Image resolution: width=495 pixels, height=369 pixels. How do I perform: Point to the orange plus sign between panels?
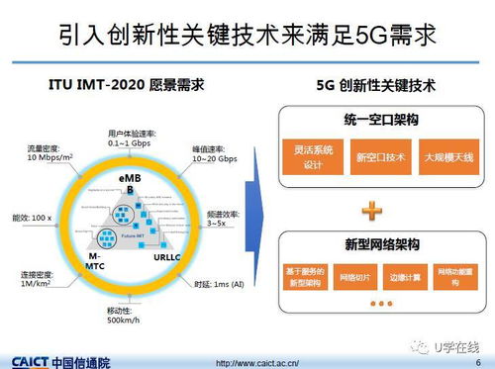click(x=372, y=210)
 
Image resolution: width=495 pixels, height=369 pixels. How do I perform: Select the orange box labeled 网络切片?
click(x=354, y=276)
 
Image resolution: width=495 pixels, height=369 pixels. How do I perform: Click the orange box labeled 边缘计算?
click(x=406, y=276)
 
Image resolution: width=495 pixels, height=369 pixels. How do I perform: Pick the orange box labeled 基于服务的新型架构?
click(x=302, y=276)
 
